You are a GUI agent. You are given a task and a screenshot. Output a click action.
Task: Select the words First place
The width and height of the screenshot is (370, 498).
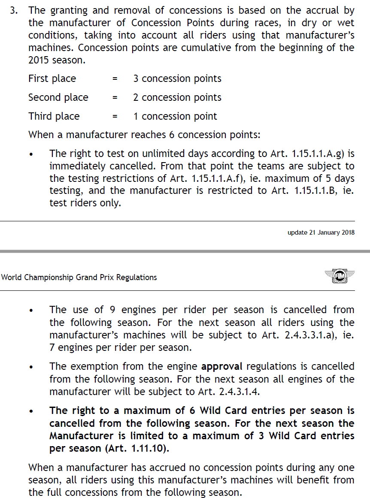click(52, 79)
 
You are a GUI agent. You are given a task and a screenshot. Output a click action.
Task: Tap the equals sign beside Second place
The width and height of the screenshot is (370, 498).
click(115, 98)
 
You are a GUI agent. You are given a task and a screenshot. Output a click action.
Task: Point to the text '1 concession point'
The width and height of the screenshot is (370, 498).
click(175, 116)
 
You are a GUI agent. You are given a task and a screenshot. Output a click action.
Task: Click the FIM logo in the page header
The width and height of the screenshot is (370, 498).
click(340, 277)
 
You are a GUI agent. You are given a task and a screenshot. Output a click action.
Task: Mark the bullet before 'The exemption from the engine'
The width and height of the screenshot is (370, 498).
click(31, 368)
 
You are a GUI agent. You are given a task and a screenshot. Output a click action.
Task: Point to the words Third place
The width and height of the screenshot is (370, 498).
click(54, 116)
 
